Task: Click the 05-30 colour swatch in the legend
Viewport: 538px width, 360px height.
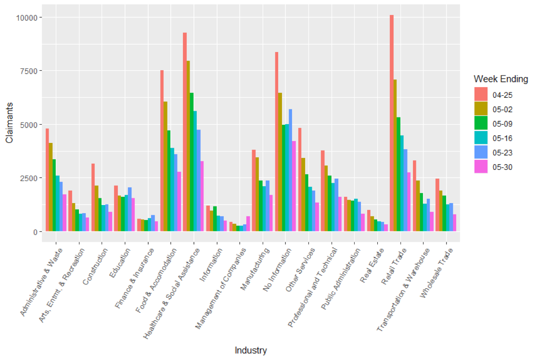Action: [x=481, y=167]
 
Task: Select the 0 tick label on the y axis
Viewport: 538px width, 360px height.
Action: [x=36, y=231]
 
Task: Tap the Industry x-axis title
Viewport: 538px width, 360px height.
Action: [x=251, y=350]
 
